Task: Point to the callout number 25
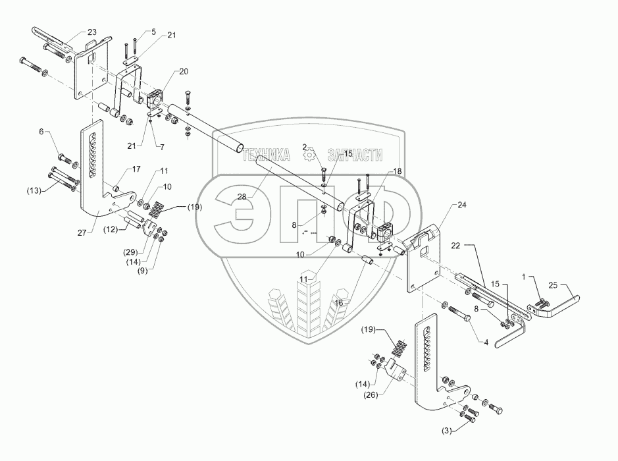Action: click(552, 286)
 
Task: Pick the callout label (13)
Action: click(34, 191)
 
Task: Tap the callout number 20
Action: click(165, 71)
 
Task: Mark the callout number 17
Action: click(136, 169)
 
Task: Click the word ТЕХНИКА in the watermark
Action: click(267, 155)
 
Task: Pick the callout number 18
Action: click(397, 171)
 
